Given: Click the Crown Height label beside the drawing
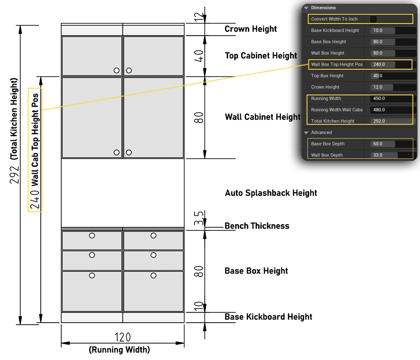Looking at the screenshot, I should (251, 29).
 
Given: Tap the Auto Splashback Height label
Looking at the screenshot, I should (271, 193).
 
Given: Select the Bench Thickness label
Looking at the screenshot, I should (257, 226).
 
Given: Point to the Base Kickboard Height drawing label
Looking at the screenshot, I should (268, 317).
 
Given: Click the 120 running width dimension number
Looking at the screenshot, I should (123, 337).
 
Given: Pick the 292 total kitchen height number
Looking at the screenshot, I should (15, 173).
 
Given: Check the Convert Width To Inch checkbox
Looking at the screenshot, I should (373, 19).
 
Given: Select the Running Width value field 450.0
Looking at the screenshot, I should (391, 99).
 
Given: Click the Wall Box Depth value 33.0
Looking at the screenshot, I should (391, 155).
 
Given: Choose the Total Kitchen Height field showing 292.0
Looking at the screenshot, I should (391, 121).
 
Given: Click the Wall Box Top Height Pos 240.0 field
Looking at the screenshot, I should (391, 65).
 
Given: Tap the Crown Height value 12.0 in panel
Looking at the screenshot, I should (391, 87).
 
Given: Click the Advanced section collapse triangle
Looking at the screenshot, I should (306, 133).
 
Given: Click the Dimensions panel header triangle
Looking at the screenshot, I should (306, 8).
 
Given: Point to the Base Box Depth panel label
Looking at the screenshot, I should (328, 144).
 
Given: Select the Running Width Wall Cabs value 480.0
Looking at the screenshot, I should (391, 110).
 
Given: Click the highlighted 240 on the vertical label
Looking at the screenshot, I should (35, 200).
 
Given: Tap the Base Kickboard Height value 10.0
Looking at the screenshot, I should (391, 31).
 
